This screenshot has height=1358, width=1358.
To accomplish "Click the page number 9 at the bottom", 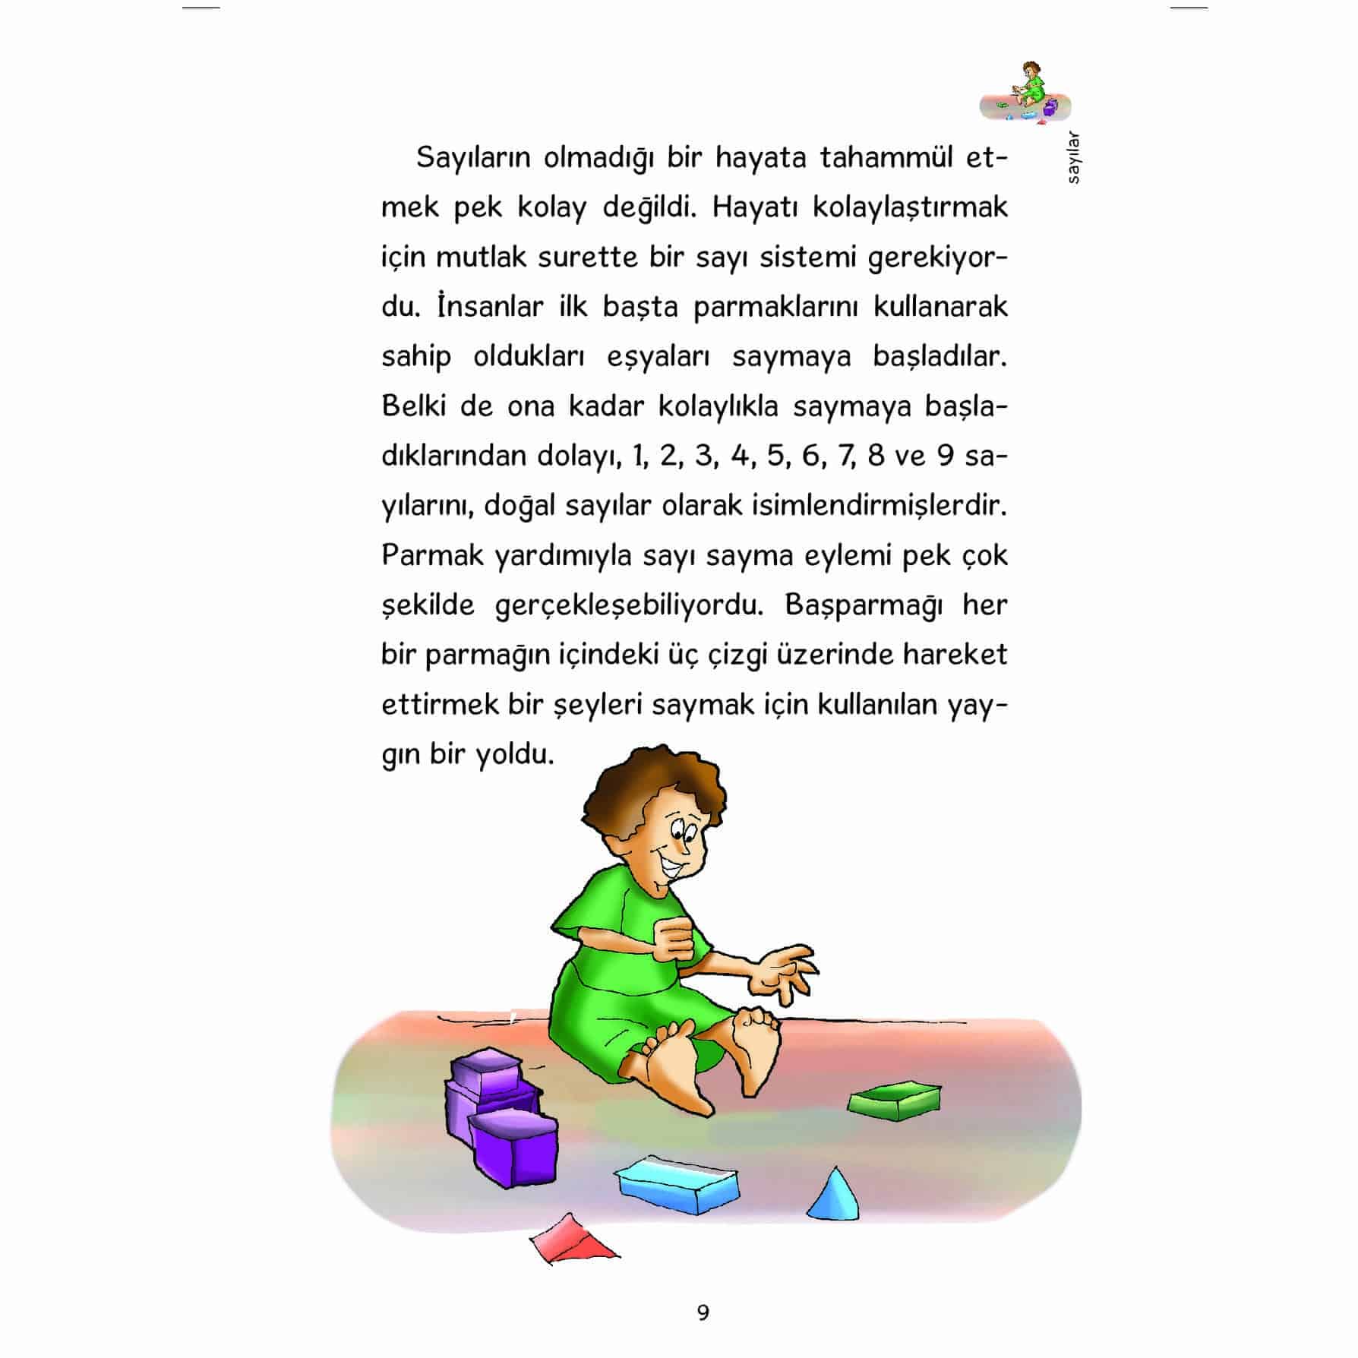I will tap(703, 1312).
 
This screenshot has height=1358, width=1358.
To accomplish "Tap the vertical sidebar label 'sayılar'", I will tap(1072, 159).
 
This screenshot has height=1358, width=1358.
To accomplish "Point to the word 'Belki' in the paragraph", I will tap(413, 406).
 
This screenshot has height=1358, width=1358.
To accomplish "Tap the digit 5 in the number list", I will tap(775, 456).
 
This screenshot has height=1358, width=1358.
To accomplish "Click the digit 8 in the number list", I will tap(876, 456).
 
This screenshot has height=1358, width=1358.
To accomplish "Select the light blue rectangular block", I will tap(676, 1186).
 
